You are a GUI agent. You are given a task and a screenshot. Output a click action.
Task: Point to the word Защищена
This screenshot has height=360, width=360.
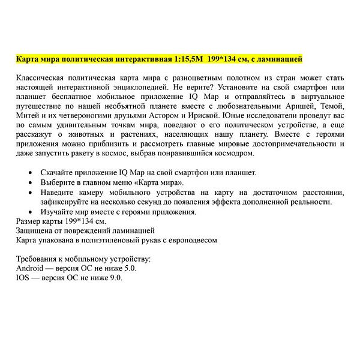coord(37,230)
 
